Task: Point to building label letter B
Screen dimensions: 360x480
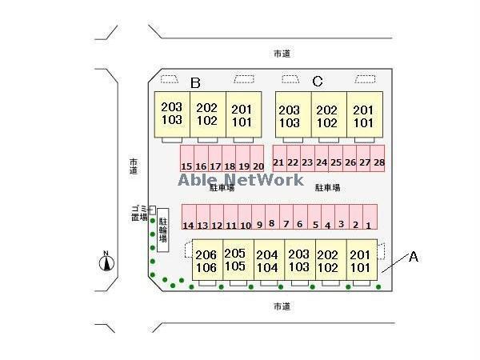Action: coord(195,82)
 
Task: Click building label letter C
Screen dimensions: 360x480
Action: coord(318,81)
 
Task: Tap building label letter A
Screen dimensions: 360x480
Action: coord(414,257)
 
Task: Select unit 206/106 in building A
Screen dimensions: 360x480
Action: coord(206,261)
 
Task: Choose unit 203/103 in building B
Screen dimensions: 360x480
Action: coord(171,114)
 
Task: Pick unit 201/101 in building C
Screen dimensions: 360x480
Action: coord(364,116)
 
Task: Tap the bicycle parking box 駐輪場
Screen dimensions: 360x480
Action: coord(162,230)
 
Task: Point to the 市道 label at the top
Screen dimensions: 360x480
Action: coord(281,54)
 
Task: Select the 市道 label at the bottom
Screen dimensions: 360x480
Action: coord(281,306)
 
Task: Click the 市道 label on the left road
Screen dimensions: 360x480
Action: coord(133,166)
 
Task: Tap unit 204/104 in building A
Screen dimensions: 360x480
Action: coord(267,261)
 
